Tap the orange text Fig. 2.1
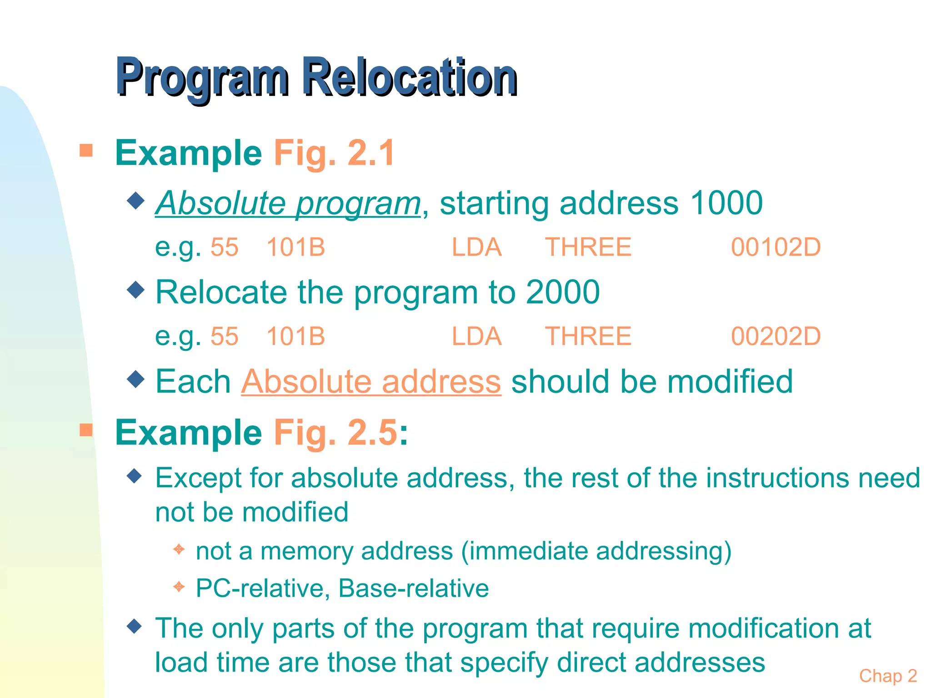pos(334,153)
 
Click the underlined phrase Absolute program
pos(288,203)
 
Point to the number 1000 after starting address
pos(726,203)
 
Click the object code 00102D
pos(776,248)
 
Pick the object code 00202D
pos(776,337)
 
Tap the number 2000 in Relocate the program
pos(562,292)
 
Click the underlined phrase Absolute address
pos(371,381)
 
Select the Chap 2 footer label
pos(888,676)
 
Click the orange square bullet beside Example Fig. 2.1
pos(86,150)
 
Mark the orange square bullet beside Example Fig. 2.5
pos(86,430)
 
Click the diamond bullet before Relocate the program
pos(135,289)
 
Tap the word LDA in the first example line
pos(476,248)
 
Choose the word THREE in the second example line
pos(588,337)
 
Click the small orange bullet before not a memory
pos(179,549)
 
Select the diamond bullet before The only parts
pos(135,626)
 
